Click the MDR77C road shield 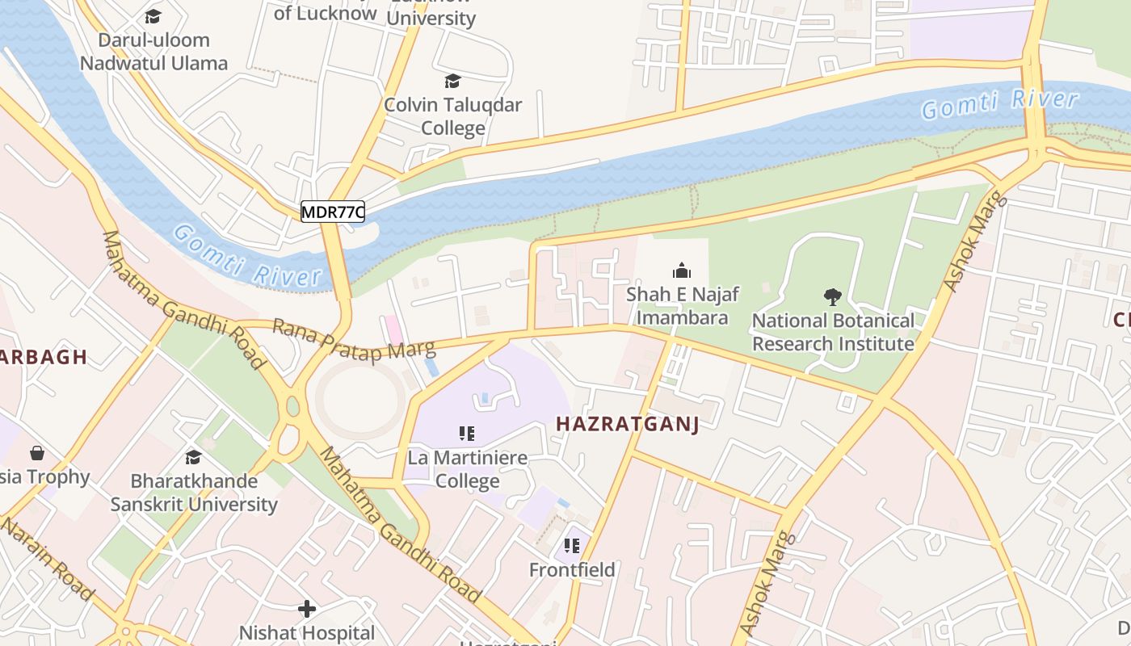[333, 212]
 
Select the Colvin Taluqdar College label [452, 116]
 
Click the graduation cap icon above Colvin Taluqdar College [452, 82]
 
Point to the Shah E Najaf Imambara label [682, 306]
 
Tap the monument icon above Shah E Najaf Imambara [682, 271]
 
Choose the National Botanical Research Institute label [833, 332]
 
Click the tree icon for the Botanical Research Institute [832, 297]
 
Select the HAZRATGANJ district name [627, 425]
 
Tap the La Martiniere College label [467, 469]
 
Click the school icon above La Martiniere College [467, 434]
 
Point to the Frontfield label [572, 570]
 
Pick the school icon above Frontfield [572, 547]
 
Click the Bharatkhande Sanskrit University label [194, 493]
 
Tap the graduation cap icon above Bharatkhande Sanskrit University [193, 458]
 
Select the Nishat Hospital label [307, 632]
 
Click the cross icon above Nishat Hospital [307, 608]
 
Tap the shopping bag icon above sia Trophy [36, 453]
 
